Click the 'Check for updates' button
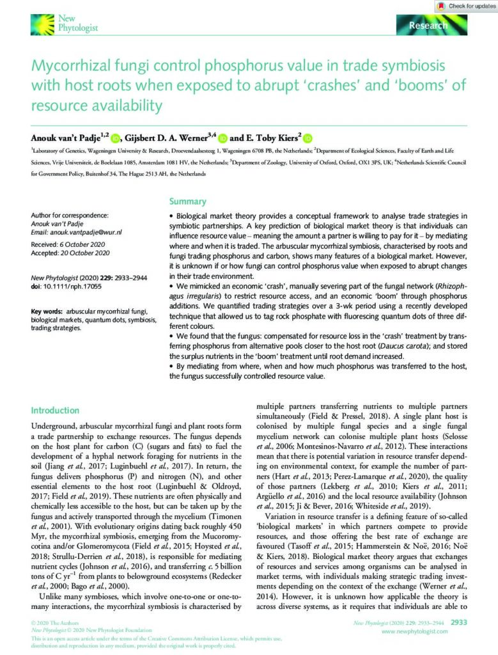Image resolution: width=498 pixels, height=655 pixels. coord(465,6)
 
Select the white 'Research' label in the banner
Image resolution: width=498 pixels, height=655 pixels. coord(429,26)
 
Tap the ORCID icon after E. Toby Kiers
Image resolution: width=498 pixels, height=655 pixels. coord(307,137)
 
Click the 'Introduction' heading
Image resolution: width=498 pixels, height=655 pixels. coord(56,410)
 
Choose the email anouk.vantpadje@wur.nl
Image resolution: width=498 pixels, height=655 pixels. coord(86,233)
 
